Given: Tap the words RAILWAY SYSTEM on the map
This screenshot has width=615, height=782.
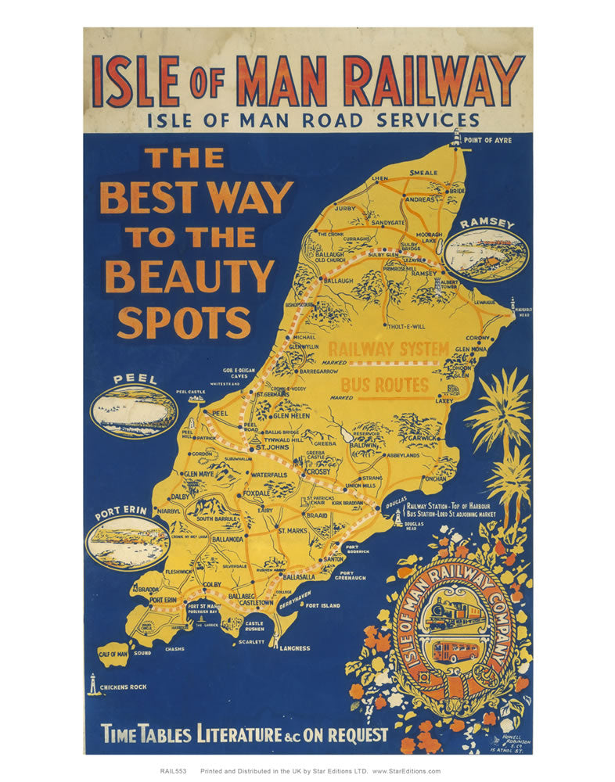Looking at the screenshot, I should coord(388,349).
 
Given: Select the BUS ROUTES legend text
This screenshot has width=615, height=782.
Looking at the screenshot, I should coord(385,385).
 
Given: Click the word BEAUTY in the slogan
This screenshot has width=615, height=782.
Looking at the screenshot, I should coord(190,277).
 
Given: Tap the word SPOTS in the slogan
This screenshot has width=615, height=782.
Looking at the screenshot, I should coord(184,321).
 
